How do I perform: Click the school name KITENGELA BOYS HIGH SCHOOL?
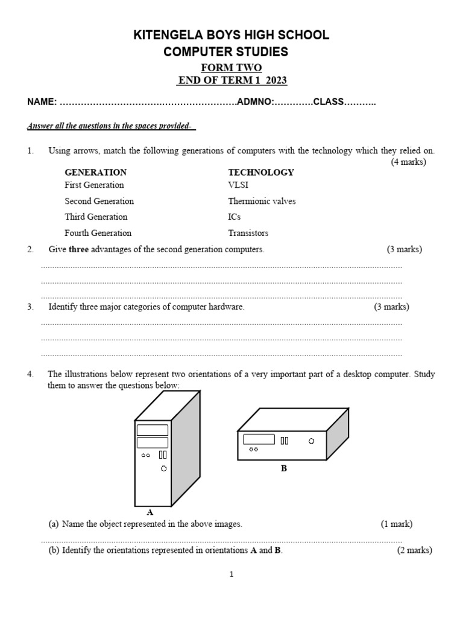231,36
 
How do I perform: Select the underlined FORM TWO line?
231,68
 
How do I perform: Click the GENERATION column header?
95,172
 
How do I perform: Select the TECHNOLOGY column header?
261,172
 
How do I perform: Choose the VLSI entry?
238,185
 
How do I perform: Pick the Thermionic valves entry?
262,201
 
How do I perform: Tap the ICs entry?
235,217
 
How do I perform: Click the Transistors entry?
248,233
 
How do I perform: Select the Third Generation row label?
96,217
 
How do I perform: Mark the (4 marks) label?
408,162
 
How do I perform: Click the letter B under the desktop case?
283,468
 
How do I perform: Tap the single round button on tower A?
163,468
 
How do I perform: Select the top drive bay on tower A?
153,430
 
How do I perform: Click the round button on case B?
311,441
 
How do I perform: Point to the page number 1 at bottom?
231,575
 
